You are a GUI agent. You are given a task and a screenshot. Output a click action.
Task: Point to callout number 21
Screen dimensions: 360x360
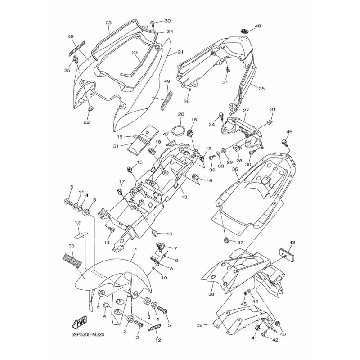[180, 52]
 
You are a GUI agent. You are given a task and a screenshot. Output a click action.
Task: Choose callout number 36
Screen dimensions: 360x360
[234, 169]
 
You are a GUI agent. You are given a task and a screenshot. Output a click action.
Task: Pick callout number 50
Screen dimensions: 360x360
[71, 246]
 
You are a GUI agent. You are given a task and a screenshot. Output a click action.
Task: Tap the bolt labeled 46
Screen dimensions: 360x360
[285, 143]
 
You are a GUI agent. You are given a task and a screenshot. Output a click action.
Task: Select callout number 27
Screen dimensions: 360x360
[246, 111]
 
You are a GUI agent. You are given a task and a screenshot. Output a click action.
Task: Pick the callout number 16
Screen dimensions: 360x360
[169, 234]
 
